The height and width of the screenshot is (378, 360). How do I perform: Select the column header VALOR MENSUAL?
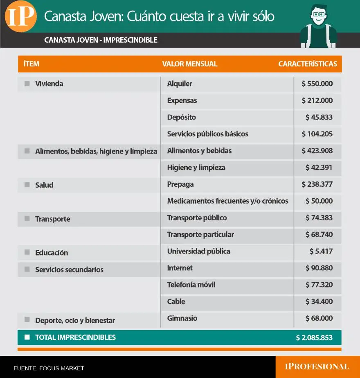(190, 64)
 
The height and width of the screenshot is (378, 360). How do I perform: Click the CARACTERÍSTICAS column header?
(308, 64)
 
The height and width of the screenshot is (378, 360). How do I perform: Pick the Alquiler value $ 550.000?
(317, 84)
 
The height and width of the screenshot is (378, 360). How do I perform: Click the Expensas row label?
(182, 100)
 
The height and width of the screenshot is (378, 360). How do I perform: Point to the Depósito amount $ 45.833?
(319, 117)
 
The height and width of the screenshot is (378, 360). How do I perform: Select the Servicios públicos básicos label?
(207, 134)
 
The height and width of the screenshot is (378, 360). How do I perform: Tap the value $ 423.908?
(317, 151)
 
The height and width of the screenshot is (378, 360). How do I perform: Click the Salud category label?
(44, 185)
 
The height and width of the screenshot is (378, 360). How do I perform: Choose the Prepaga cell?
(180, 184)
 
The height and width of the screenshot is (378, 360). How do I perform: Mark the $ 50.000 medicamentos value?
(319, 201)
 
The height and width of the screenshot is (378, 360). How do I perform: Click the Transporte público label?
(197, 218)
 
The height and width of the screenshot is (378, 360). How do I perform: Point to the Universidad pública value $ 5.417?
(321, 251)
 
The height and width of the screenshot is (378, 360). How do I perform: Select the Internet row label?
(180, 268)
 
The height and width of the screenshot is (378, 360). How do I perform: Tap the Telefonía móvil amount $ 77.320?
(319, 285)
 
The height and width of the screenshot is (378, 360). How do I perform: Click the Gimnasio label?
(182, 318)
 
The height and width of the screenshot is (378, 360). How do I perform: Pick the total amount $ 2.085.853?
(314, 338)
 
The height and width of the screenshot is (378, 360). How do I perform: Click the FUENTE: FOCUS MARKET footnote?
(49, 368)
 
